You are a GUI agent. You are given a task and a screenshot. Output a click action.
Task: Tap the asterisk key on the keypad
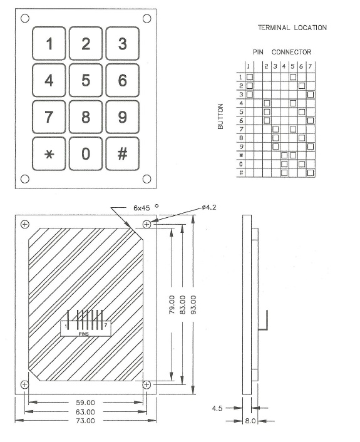pyautogui.click(x=49, y=153)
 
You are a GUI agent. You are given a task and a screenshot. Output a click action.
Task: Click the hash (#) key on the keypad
pyautogui.click(x=122, y=153)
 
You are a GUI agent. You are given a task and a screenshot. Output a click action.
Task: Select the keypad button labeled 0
pyautogui.click(x=86, y=153)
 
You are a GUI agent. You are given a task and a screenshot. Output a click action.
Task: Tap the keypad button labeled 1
pyautogui.click(x=49, y=43)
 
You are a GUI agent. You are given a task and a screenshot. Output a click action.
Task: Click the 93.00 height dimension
pyautogui.click(x=193, y=304)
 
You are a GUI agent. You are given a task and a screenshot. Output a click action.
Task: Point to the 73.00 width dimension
pyautogui.click(x=85, y=421)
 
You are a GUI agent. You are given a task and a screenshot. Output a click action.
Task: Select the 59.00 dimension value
pyautogui.click(x=85, y=403)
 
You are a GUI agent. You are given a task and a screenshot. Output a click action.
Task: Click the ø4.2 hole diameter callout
pyautogui.click(x=209, y=207)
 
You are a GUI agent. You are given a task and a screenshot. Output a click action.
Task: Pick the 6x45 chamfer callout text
pyautogui.click(x=141, y=208)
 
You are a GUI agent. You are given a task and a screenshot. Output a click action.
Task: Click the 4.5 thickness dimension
pyautogui.click(x=217, y=408)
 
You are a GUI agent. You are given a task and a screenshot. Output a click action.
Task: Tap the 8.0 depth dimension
pyautogui.click(x=250, y=421)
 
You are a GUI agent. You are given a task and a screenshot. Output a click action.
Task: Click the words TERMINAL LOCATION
pyautogui.click(x=292, y=28)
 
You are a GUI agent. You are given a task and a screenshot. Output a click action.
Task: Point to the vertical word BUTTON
pyautogui.click(x=220, y=116)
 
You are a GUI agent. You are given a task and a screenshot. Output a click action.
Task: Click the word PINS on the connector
pyautogui.click(x=84, y=334)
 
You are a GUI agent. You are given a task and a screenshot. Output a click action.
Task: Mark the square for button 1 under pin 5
pyautogui.click(x=293, y=77)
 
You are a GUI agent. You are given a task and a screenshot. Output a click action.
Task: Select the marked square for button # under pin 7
pyautogui.click(x=311, y=173)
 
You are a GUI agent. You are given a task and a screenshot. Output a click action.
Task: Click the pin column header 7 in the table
pyautogui.click(x=310, y=66)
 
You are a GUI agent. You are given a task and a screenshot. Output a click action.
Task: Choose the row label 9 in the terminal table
pyautogui.click(x=241, y=146)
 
